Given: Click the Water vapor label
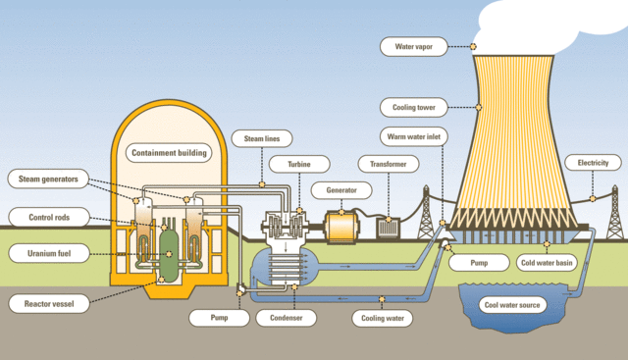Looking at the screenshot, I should click(419, 45).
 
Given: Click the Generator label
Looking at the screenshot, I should click(334, 189).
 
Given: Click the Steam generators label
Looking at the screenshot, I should click(48, 178).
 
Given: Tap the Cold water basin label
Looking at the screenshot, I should click(546, 263).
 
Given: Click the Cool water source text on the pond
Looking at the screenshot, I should click(510, 304).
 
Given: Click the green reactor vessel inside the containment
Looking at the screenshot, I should click(168, 250).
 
